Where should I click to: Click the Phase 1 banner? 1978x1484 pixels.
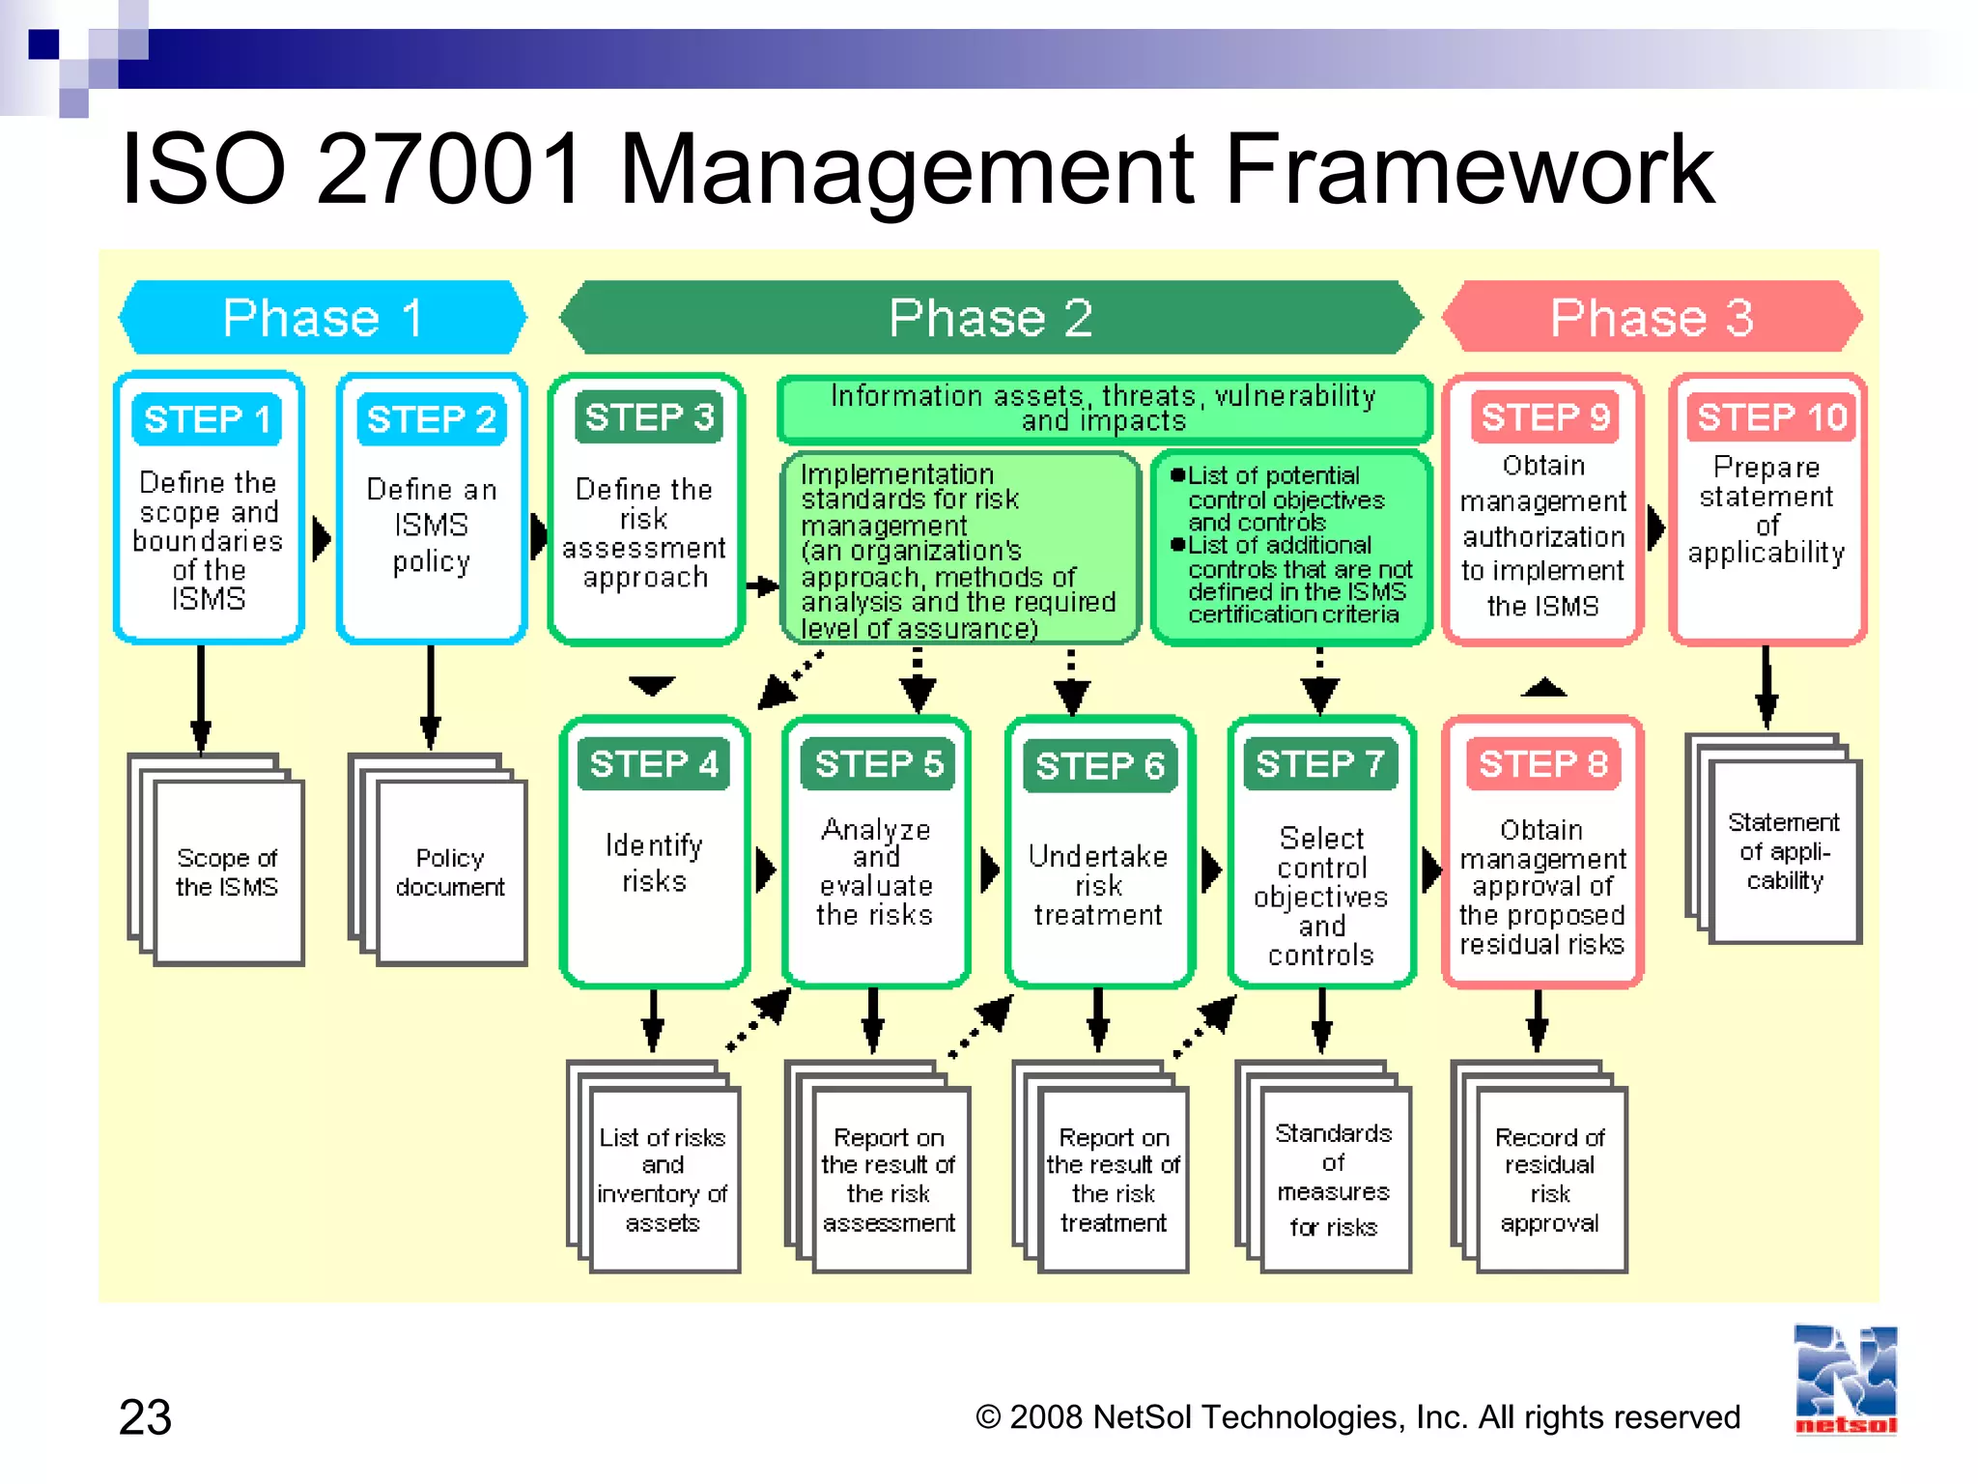click(323, 318)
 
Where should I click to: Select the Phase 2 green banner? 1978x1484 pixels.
click(991, 318)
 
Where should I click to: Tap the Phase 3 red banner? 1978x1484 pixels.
click(1652, 318)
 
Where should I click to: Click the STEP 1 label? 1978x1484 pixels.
click(207, 419)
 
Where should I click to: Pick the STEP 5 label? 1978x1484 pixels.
click(878, 764)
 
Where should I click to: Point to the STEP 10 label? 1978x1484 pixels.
click(1771, 417)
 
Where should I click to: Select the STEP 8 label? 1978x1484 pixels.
click(1542, 764)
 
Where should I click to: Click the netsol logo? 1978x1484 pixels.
click(1845, 1380)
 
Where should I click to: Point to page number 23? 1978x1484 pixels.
click(146, 1417)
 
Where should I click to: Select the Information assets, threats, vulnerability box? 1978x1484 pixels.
click(1103, 409)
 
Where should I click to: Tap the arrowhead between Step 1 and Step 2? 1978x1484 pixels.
click(322, 538)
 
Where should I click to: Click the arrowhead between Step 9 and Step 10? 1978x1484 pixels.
click(1655, 528)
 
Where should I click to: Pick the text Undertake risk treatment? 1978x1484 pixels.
click(1098, 884)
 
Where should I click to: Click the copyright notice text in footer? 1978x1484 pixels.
click(1357, 1417)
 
